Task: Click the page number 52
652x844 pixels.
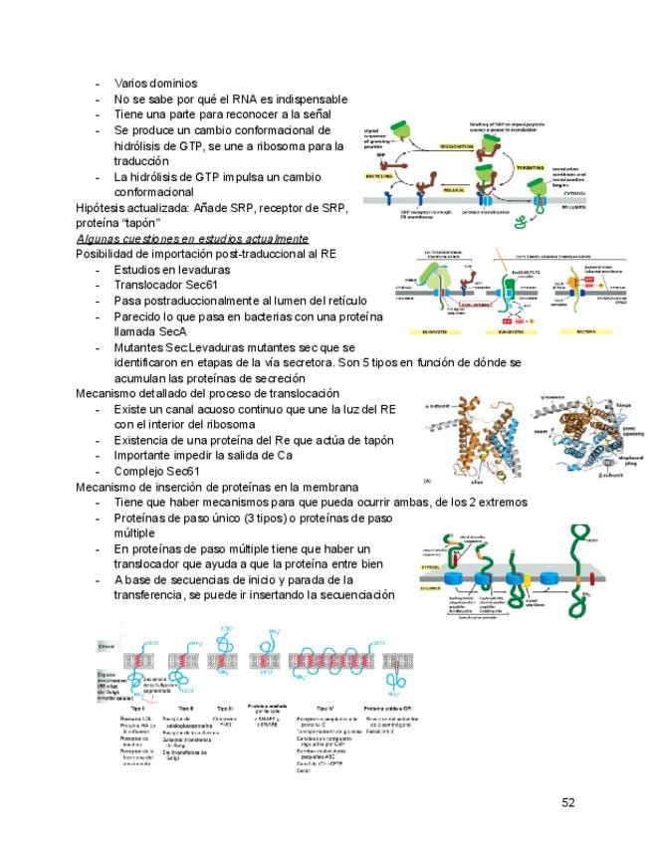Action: click(x=568, y=803)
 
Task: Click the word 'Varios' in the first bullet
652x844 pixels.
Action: click(x=132, y=84)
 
